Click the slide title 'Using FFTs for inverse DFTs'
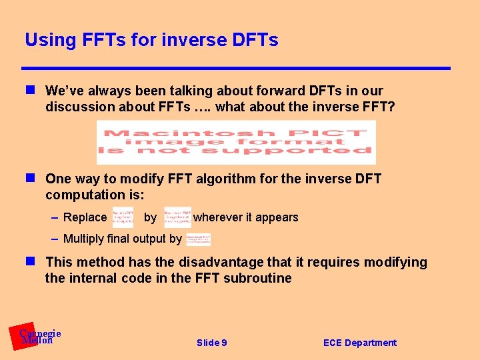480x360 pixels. pyautogui.click(x=151, y=40)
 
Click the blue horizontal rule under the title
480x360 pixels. pyautogui.click(x=236, y=68)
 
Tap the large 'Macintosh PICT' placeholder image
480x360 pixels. pyautogui.click(x=236, y=142)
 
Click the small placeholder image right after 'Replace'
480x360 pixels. pyautogui.click(x=123, y=217)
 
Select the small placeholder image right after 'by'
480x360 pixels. pyautogui.click(x=177, y=217)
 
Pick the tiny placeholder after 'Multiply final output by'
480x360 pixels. pyautogui.click(x=198, y=239)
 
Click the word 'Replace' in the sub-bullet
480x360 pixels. pyautogui.click(x=85, y=217)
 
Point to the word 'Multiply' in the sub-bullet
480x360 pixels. pyautogui.click(x=83, y=239)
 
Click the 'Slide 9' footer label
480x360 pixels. pyautogui.click(x=211, y=343)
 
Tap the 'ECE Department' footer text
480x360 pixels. pyautogui.click(x=359, y=343)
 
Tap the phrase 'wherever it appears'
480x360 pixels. pyautogui.click(x=245, y=217)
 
